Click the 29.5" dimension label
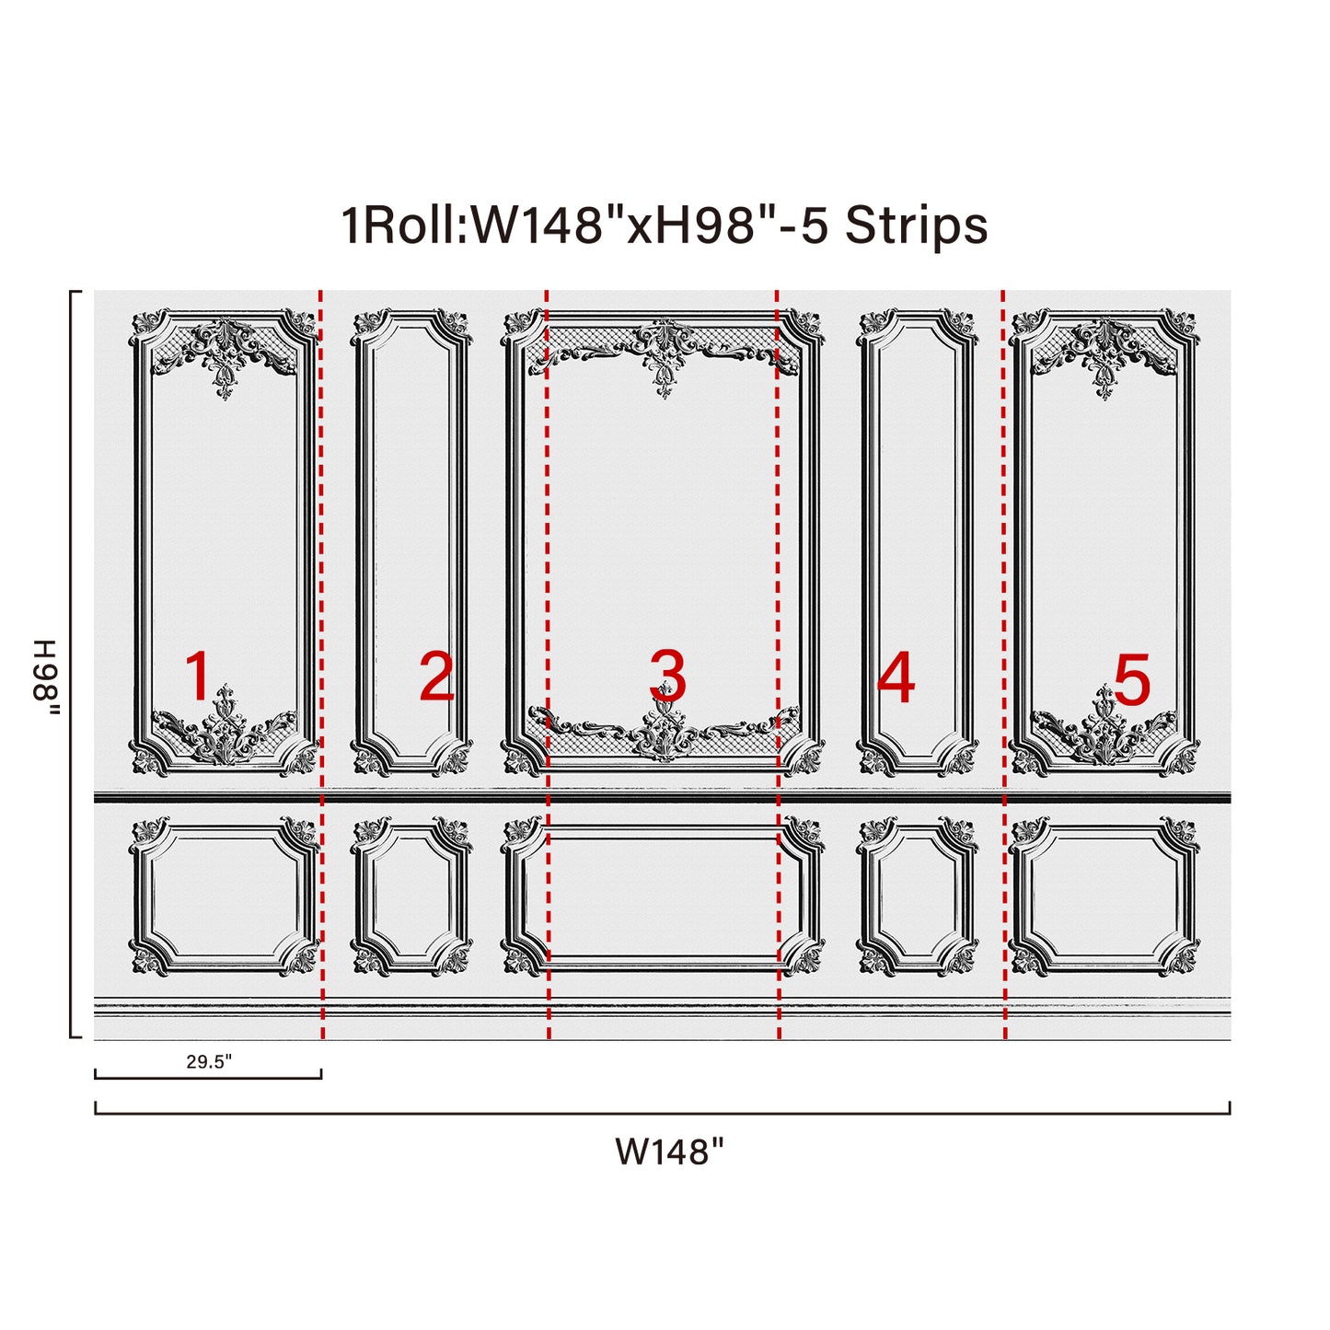point(209,1061)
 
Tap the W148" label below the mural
point(669,1151)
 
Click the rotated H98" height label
point(46,677)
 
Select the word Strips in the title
point(916,226)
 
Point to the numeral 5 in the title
point(815,226)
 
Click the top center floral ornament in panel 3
point(664,355)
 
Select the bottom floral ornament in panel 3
point(664,724)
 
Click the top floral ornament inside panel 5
point(1104,355)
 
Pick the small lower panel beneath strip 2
point(411,896)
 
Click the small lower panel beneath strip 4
point(918,896)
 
